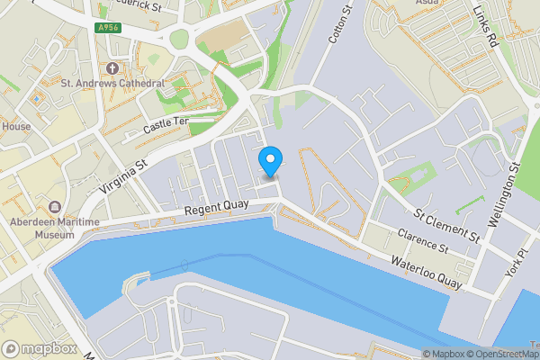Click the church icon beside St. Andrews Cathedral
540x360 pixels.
112,67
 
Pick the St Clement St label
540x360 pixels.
445,226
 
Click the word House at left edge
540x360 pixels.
15,127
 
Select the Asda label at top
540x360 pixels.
427,4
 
